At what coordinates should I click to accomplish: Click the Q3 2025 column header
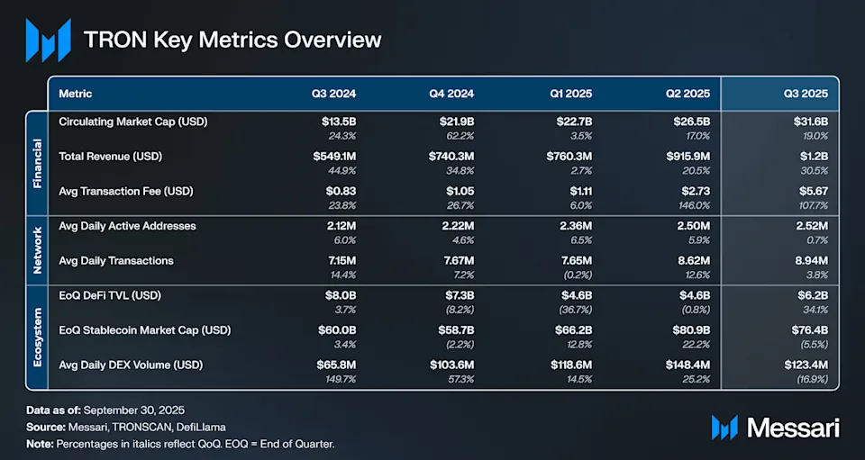(807, 94)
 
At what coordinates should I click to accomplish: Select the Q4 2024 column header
(453, 94)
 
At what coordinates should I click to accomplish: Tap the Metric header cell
(75, 94)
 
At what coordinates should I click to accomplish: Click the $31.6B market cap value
(809, 122)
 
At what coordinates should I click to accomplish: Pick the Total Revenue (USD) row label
(109, 156)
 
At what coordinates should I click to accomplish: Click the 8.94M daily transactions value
(810, 260)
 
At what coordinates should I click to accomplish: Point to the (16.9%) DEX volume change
(809, 379)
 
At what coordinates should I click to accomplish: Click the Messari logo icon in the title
(48, 41)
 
